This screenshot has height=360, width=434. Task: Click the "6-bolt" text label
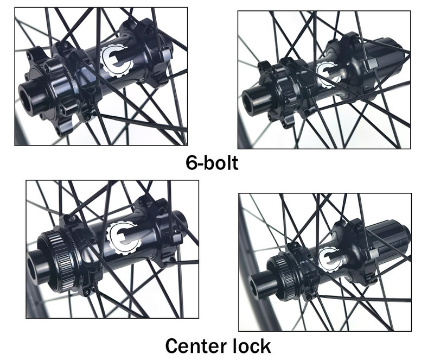click(x=212, y=163)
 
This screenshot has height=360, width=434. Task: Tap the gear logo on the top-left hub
click(x=117, y=60)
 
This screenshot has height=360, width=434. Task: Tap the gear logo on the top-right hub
click(x=328, y=73)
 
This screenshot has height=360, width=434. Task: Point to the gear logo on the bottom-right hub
click(x=330, y=260)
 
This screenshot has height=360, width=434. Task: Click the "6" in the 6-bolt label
click(x=191, y=163)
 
